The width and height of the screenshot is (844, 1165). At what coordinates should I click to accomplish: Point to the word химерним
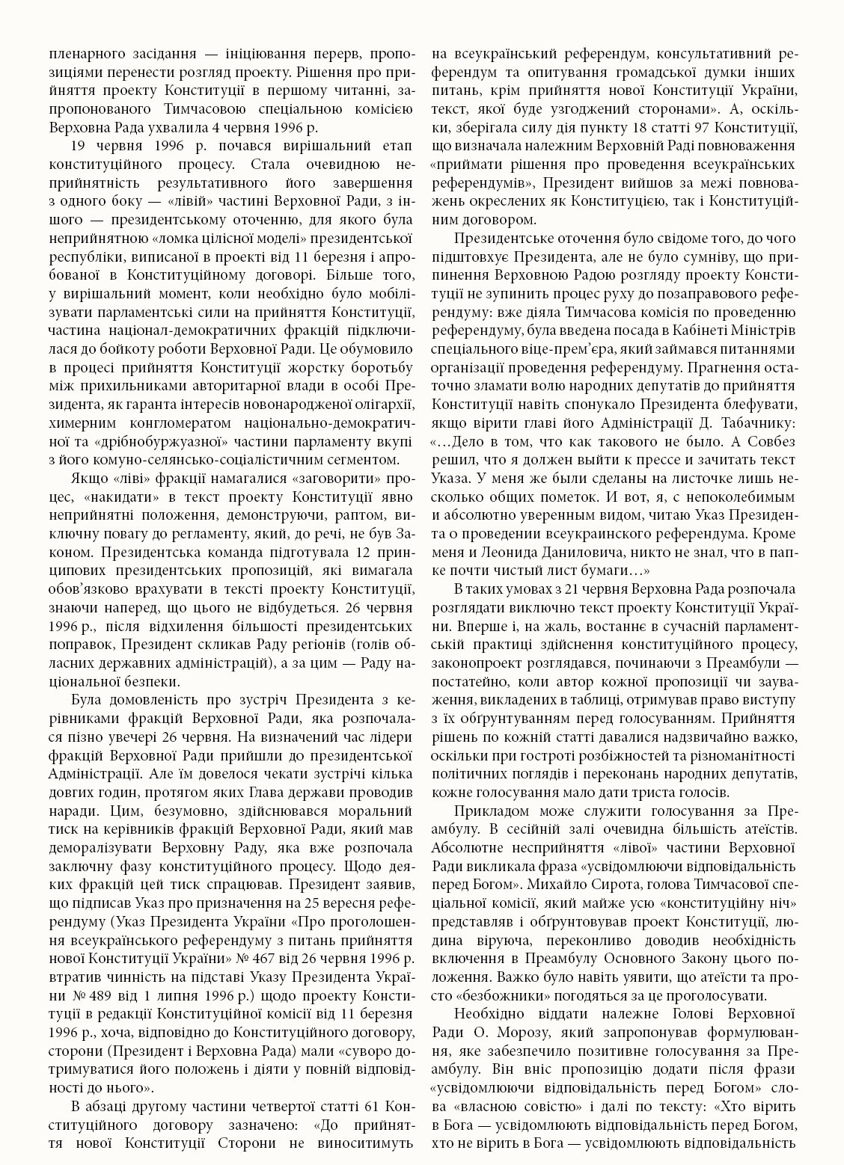pyautogui.click(x=78, y=422)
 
